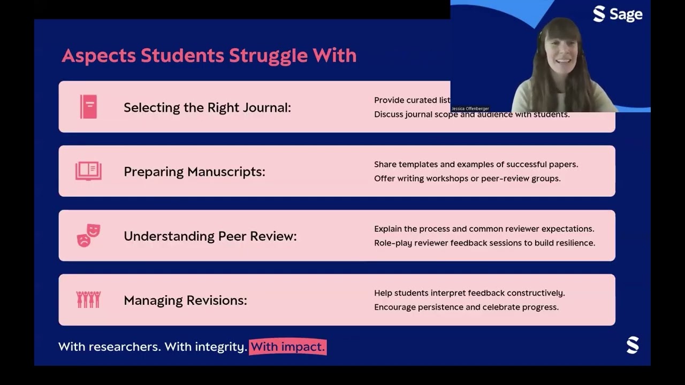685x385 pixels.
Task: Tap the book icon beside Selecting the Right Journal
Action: click(x=88, y=106)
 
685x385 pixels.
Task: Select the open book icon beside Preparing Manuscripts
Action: click(x=88, y=171)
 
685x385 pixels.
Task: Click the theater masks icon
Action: click(x=88, y=235)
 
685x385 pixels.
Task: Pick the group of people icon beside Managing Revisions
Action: click(x=88, y=299)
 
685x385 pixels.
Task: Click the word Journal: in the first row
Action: click(x=266, y=107)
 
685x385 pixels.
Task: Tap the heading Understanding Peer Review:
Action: click(x=210, y=236)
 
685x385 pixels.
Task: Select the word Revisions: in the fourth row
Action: click(x=216, y=301)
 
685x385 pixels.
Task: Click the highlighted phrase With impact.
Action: click(x=287, y=346)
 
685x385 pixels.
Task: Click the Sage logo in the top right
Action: click(x=618, y=14)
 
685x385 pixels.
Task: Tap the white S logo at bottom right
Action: click(x=633, y=345)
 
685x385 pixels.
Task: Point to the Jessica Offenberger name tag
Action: click(x=470, y=109)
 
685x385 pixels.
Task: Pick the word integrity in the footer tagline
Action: click(x=220, y=346)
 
